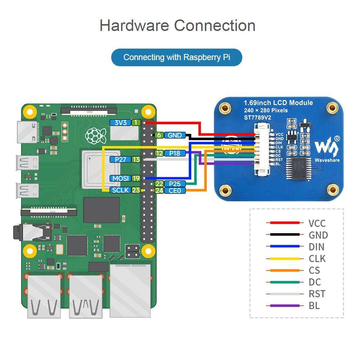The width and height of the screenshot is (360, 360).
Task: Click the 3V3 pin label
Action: click(x=121, y=122)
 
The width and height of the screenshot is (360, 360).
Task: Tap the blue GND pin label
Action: click(x=175, y=135)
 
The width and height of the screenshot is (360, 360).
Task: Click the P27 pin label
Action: click(x=121, y=159)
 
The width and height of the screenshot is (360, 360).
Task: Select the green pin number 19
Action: click(x=136, y=178)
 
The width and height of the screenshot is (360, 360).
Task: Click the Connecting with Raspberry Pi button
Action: click(x=176, y=57)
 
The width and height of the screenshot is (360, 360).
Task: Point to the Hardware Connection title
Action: click(x=177, y=26)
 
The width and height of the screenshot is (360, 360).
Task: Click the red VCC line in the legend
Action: click(x=283, y=223)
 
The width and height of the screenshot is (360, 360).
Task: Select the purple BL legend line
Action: click(x=283, y=306)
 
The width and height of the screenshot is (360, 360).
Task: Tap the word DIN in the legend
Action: click(x=316, y=247)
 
